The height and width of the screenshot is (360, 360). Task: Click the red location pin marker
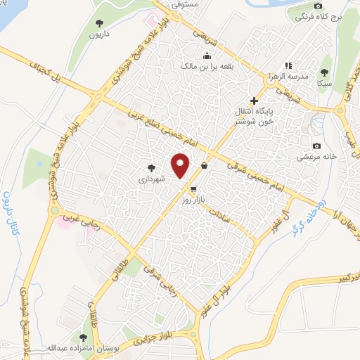pyautogui.click(x=181, y=165)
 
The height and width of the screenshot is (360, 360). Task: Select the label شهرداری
pyautogui.click(x=151, y=179)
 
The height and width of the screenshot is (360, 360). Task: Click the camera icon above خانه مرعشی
pyautogui.click(x=317, y=146)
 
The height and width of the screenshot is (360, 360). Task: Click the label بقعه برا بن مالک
pyautogui.click(x=207, y=65)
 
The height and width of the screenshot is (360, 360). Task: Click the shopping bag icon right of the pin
pyautogui.click(x=204, y=166)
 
